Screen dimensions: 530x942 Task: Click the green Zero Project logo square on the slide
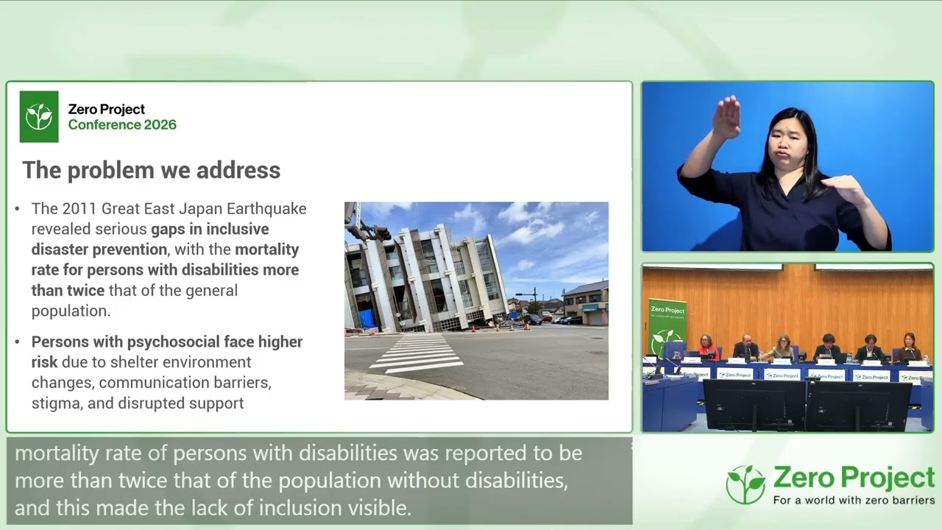(39, 116)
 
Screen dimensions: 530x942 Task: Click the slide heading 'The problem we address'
(151, 170)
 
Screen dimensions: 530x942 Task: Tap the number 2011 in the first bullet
(78, 209)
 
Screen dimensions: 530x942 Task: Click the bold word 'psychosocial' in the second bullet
(174, 342)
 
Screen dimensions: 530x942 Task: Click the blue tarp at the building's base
(366, 319)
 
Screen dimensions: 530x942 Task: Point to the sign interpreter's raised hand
(727, 119)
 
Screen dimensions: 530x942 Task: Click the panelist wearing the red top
(706, 347)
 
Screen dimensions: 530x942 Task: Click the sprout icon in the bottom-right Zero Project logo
(746, 484)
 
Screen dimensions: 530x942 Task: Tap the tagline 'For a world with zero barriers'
(853, 501)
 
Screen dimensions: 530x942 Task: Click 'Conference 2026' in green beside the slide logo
(122, 125)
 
